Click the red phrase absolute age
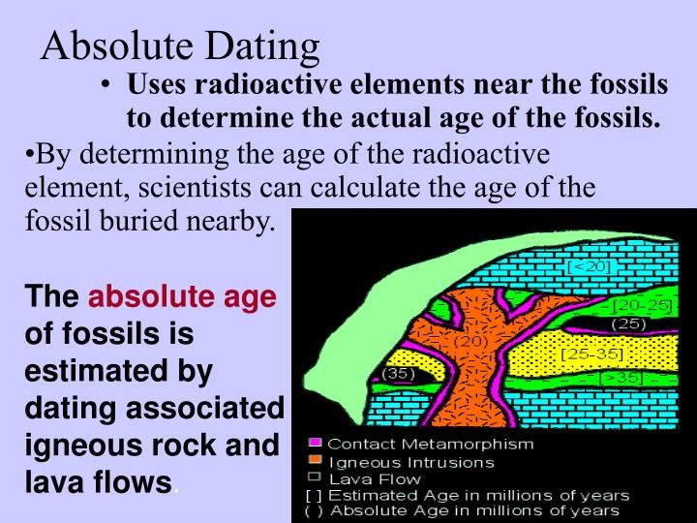183,296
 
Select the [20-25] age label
642,306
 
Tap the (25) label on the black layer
630,324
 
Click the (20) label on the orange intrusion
470,341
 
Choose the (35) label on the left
399,373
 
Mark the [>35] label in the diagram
621,379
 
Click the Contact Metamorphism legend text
430,445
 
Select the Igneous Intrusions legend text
410,462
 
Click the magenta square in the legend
314,445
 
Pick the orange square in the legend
314,462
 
